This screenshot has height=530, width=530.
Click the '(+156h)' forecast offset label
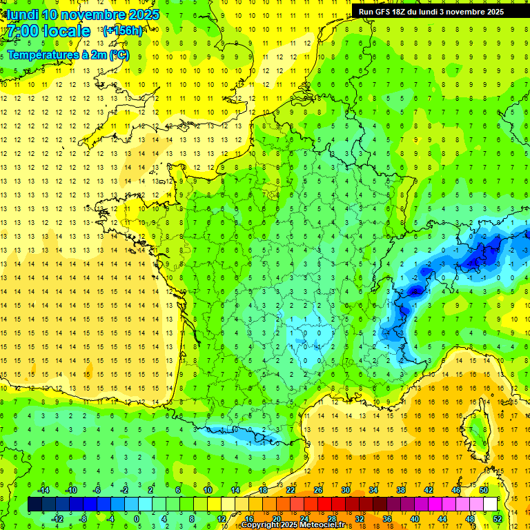click(x=123, y=30)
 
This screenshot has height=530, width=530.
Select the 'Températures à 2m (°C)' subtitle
click(x=68, y=55)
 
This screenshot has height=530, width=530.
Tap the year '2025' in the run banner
click(x=491, y=11)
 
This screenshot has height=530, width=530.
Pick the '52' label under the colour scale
click(x=498, y=518)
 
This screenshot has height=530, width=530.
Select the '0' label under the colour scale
click(x=137, y=518)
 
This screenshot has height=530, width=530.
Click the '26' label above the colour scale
click(x=318, y=490)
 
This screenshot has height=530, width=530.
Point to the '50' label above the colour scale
click(x=484, y=490)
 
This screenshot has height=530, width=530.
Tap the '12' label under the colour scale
click(x=221, y=518)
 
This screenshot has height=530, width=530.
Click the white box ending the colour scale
click(x=490, y=504)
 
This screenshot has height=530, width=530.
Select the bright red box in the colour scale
click(x=324, y=504)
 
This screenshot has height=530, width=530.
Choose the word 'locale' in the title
click(x=66, y=31)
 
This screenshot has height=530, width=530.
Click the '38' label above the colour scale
click(x=401, y=490)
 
